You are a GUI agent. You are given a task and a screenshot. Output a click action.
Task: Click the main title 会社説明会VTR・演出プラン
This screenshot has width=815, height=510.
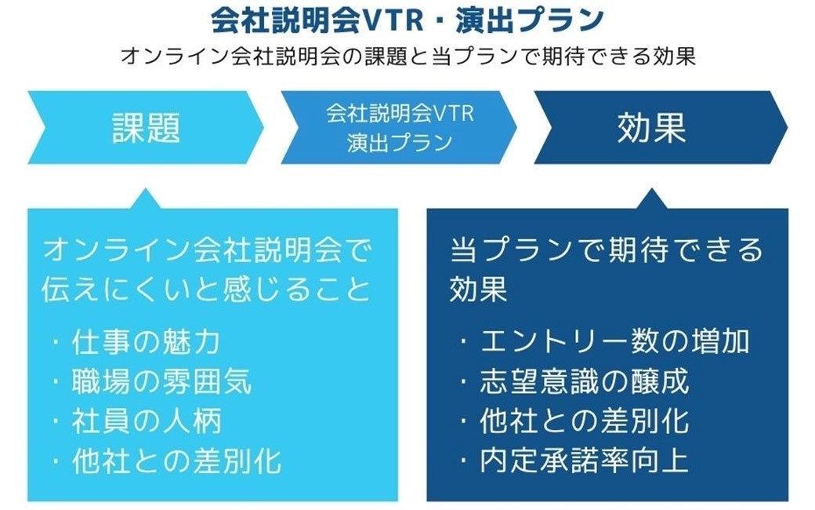coord(407,20)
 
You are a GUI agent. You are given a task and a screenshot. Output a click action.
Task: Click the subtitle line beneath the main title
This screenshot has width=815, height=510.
coord(407,57)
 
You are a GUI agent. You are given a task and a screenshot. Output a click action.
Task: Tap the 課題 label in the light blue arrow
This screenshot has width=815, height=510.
coord(146,128)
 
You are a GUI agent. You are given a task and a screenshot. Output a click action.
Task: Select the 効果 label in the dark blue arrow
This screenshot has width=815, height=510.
coord(651,128)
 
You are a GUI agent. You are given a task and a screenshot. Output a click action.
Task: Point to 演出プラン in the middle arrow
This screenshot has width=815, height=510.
coord(400,143)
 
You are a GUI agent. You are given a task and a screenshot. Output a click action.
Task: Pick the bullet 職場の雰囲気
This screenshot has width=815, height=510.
coord(161,381)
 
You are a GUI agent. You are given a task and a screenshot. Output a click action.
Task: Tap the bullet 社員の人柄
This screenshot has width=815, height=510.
coord(146,421)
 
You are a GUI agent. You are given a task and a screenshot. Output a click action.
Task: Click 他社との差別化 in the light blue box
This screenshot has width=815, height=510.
coord(176,461)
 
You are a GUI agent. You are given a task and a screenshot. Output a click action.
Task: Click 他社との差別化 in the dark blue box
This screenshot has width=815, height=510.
coord(584,421)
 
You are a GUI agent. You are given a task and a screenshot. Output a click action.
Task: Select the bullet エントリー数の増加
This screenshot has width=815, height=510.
coord(614,341)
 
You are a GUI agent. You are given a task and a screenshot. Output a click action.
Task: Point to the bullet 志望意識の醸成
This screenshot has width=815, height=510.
coord(584,381)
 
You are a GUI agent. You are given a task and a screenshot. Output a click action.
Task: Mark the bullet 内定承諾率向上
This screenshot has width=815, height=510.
coord(584,461)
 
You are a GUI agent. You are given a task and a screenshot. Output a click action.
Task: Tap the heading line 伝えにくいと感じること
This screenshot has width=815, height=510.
coord(205,289)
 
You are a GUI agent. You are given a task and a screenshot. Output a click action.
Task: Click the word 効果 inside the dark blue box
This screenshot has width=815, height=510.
coord(479,289)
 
